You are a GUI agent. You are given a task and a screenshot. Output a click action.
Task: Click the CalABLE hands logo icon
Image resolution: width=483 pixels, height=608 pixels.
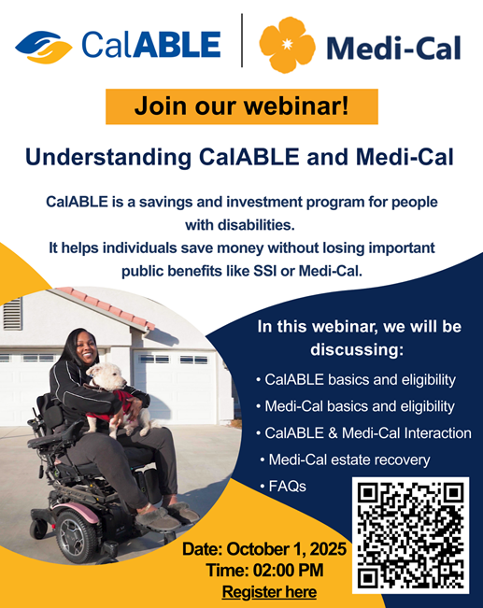[44, 47]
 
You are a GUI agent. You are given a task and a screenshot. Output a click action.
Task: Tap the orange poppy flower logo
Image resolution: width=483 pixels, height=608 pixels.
[287, 45]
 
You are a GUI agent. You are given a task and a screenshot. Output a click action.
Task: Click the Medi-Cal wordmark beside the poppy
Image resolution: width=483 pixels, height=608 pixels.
[393, 49]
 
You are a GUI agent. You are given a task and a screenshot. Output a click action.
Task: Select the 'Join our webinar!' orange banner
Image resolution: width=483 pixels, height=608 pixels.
[242, 106]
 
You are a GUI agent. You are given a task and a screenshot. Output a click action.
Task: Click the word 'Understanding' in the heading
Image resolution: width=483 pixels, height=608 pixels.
[108, 158]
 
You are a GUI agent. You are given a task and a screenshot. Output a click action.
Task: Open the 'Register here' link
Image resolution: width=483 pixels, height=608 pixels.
[269, 592]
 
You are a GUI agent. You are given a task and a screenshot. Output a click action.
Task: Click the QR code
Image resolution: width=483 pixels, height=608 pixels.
[410, 535]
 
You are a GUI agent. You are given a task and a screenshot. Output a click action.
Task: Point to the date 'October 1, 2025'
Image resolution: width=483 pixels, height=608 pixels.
[286, 549]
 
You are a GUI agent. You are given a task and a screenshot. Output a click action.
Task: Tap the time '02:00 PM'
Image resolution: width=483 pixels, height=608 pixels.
[289, 571]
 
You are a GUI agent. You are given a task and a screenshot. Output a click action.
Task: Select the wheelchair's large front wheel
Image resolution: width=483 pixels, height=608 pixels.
[76, 536]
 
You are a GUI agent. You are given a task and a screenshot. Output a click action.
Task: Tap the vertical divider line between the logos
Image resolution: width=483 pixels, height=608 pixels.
[242, 40]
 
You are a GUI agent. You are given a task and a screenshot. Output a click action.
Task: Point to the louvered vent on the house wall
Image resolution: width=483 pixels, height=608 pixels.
[12, 314]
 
